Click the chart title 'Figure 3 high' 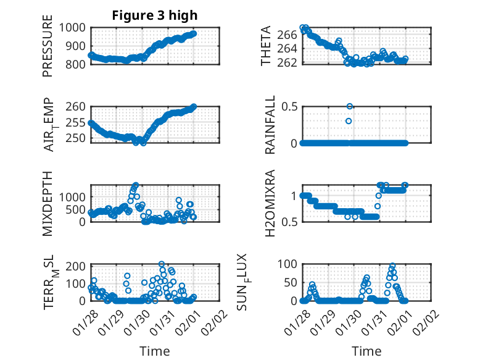tap(155, 15)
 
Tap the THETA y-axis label tap(266, 46)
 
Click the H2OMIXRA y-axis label tap(270, 203)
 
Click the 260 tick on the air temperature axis tap(78, 107)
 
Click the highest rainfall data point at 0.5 tap(350, 107)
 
